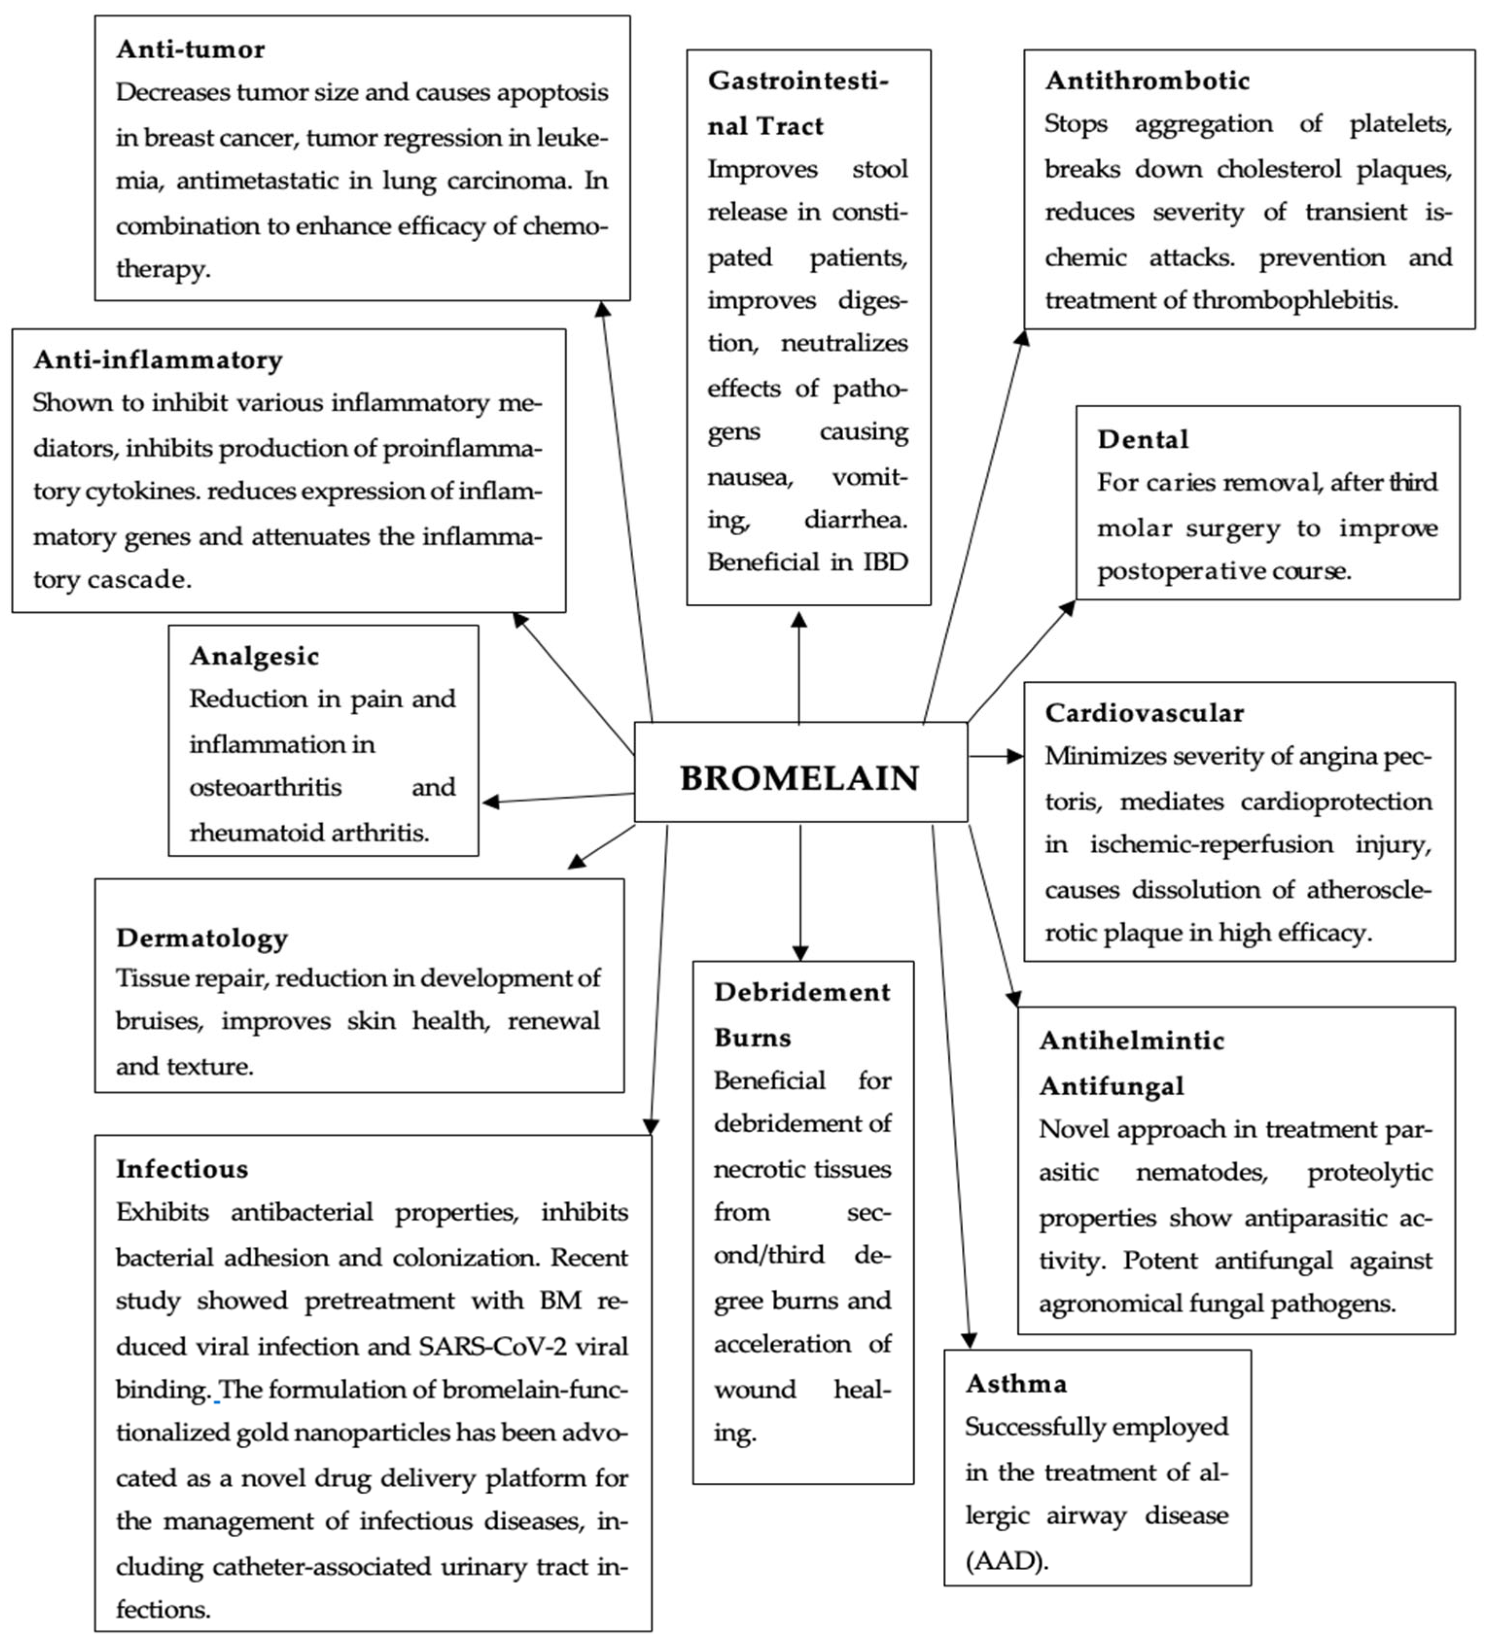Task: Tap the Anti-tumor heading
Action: pos(191,49)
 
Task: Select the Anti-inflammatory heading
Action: pos(157,360)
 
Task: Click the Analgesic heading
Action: pos(254,656)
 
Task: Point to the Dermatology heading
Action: pos(202,938)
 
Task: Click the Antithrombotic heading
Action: pos(1147,80)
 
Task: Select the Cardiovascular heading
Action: pos(1144,713)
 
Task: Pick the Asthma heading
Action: pos(1016,1383)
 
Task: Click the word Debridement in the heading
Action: pos(801,992)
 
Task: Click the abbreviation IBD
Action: pos(885,562)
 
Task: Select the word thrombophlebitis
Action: pos(1295,300)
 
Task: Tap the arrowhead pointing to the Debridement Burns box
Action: pos(800,953)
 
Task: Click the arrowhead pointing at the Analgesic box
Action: pos(490,802)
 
